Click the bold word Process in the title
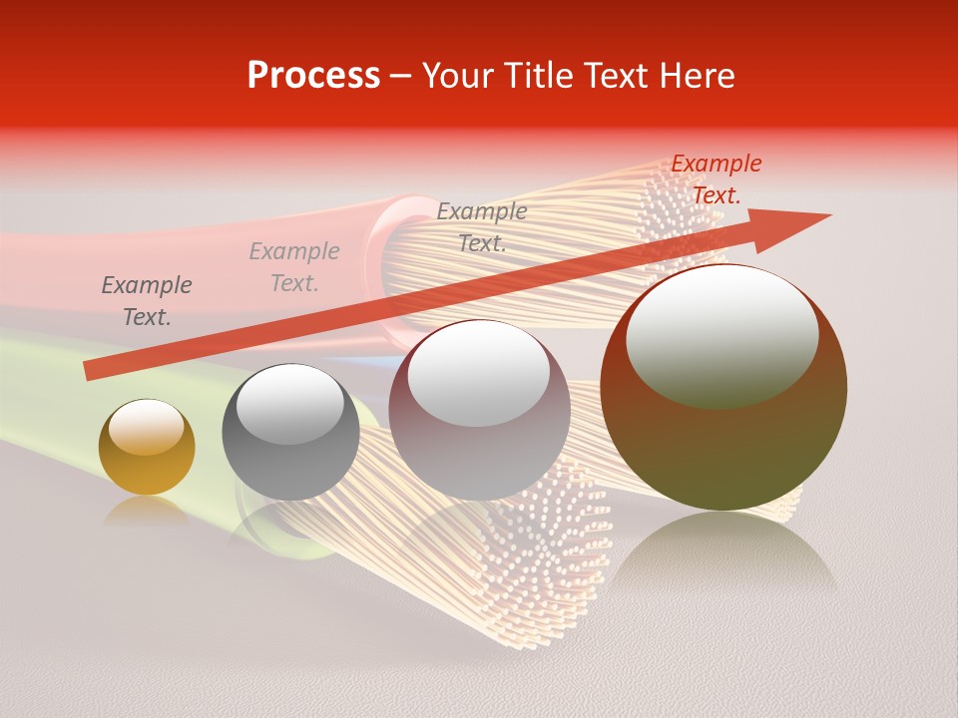(313, 75)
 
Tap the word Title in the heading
(540, 75)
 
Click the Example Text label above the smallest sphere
(147, 301)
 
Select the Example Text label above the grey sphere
(294, 267)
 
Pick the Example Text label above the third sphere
(482, 226)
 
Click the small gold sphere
(147, 448)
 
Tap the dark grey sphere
(290, 433)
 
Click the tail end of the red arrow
(88, 371)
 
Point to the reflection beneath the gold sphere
(147, 510)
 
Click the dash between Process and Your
(401, 75)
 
